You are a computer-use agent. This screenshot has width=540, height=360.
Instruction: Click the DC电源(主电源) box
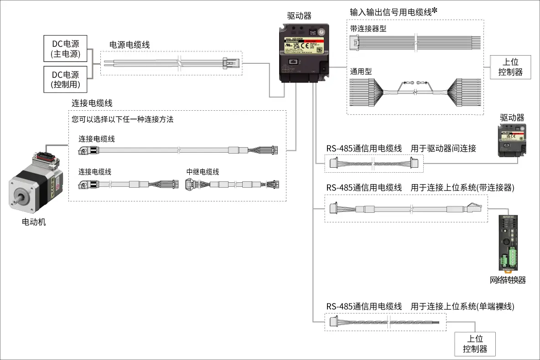click(x=65, y=49)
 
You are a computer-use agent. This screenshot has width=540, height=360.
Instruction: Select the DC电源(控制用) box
click(x=65, y=79)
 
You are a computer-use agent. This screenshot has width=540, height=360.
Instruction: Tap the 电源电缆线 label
click(x=130, y=45)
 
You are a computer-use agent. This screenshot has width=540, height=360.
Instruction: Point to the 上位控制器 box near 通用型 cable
click(x=510, y=67)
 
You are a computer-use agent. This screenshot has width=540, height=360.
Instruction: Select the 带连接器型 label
click(x=368, y=29)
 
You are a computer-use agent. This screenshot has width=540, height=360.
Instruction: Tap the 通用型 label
click(x=361, y=71)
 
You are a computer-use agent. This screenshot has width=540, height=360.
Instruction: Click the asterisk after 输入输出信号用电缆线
click(x=435, y=10)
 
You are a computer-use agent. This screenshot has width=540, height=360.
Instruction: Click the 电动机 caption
click(x=34, y=222)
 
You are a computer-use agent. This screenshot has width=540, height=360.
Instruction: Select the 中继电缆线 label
click(x=202, y=172)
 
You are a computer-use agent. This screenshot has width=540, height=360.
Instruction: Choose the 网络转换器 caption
click(x=508, y=280)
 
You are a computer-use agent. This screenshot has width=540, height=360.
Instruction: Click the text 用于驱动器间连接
click(x=443, y=148)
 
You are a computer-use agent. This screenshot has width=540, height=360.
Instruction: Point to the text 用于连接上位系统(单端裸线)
click(x=462, y=306)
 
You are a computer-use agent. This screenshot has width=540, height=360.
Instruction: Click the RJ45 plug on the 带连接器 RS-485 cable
click(x=474, y=208)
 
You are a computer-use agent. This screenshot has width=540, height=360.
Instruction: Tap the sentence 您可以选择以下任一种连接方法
click(x=123, y=120)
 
